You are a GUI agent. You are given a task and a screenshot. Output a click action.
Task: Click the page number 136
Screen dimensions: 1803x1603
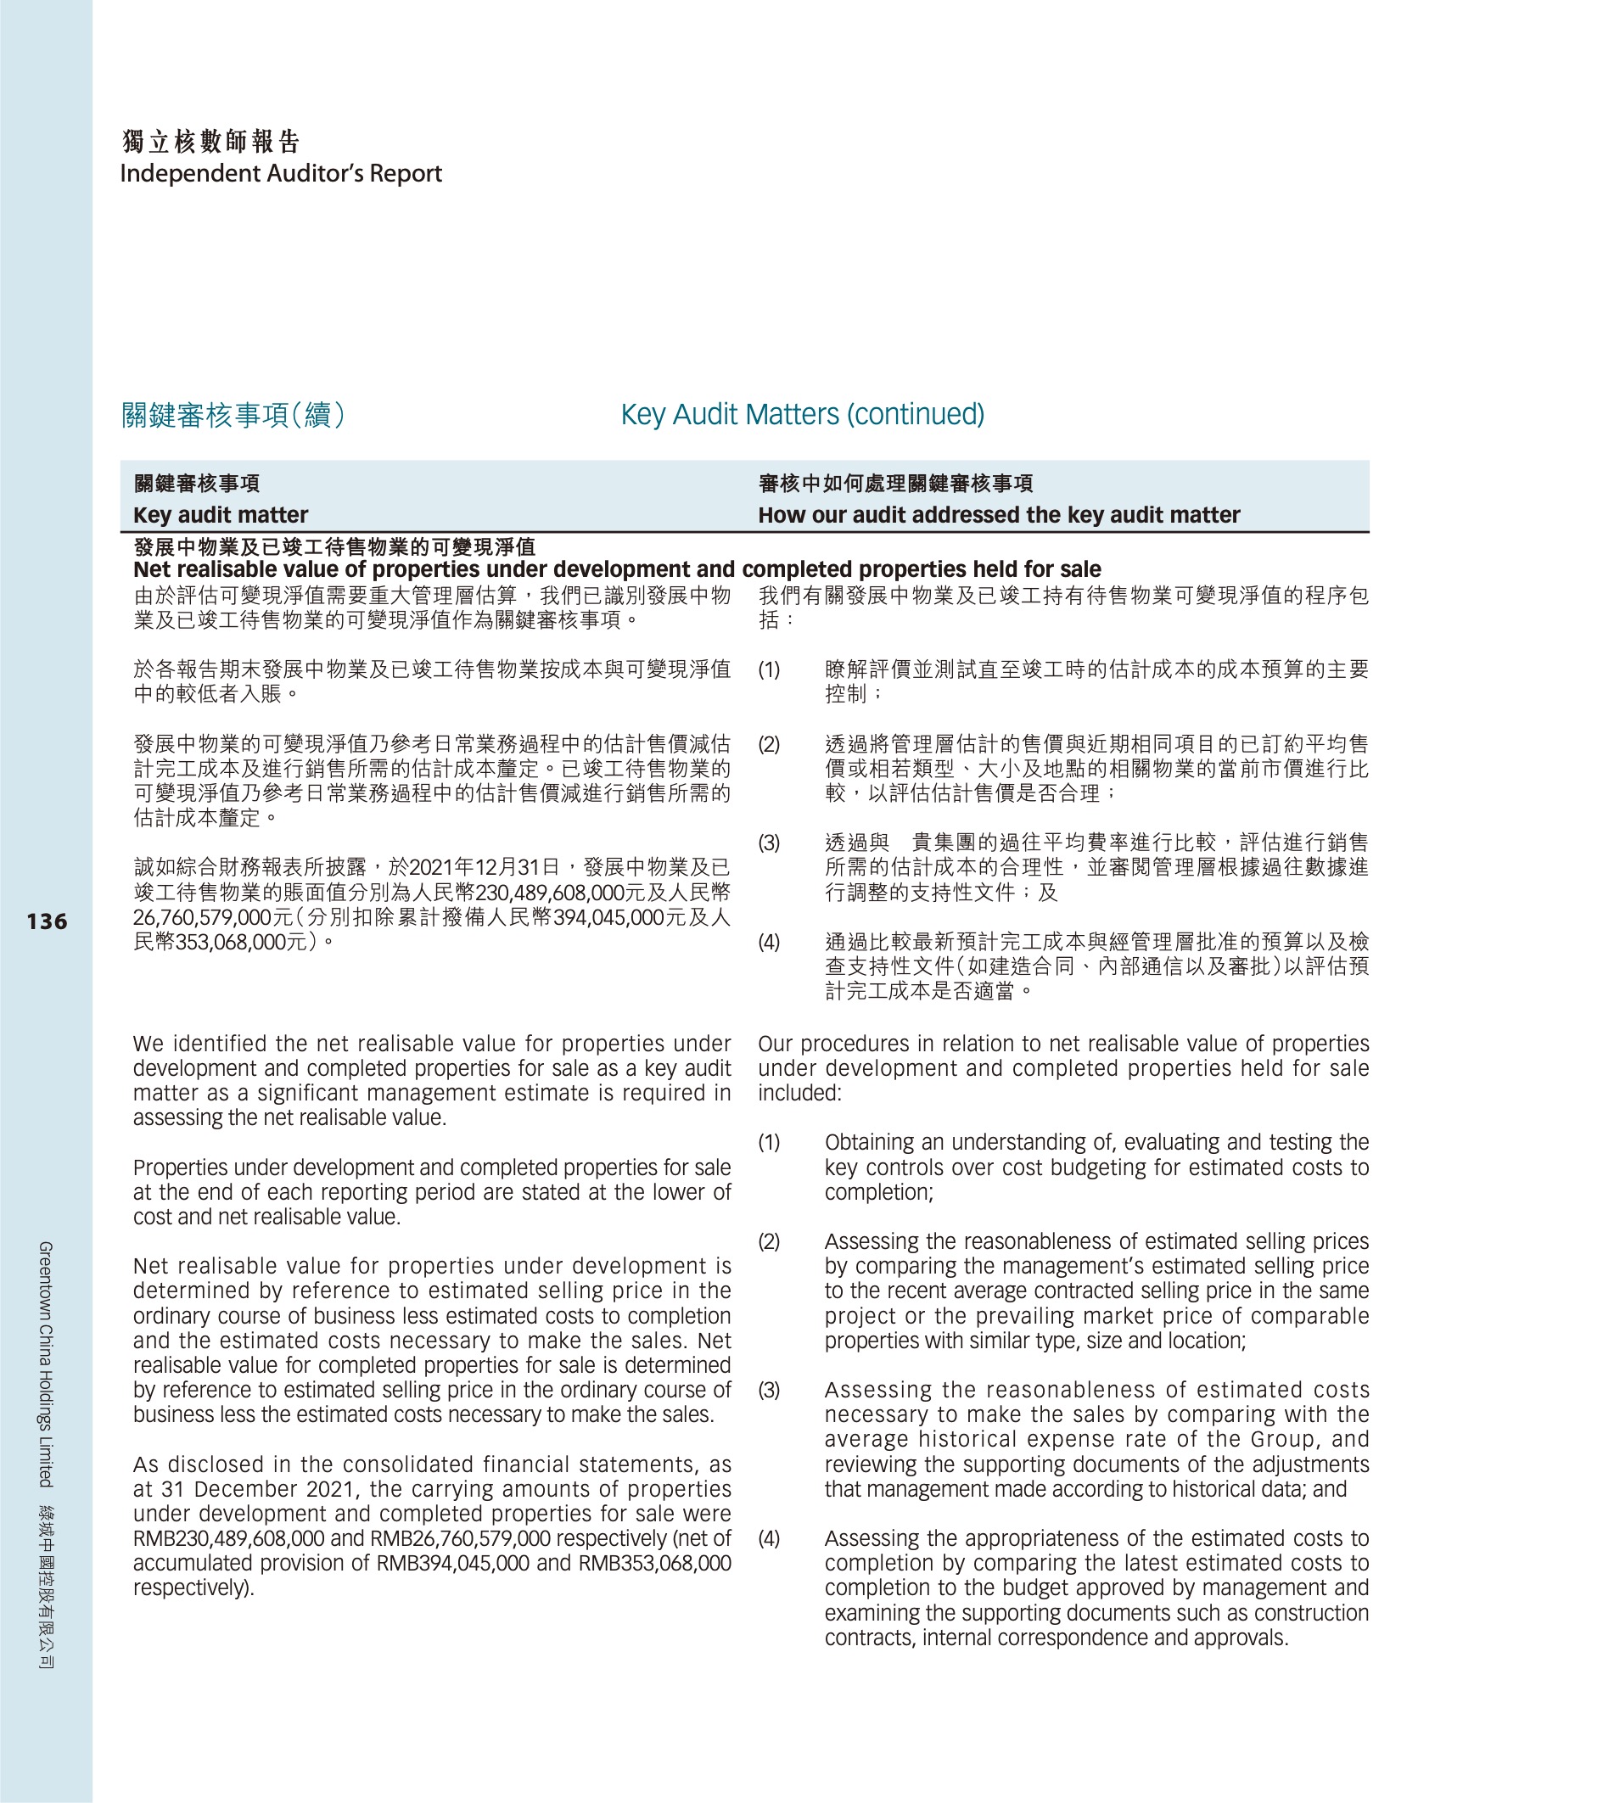(47, 921)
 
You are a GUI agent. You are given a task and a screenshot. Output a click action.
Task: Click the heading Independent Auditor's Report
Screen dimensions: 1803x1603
(281, 174)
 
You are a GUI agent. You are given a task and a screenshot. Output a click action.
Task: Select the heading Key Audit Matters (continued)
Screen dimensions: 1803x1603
(802, 414)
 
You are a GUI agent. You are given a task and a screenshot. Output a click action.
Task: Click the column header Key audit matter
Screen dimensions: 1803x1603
(221, 515)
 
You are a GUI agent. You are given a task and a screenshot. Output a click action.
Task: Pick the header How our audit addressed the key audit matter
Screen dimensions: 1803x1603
(999, 515)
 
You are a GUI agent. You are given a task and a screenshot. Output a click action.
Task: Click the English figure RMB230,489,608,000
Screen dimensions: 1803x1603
(229, 1539)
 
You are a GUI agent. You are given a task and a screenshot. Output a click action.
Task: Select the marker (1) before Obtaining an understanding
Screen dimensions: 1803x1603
(769, 1143)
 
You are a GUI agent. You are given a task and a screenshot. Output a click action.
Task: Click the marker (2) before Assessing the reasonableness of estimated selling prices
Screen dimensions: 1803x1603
(769, 1242)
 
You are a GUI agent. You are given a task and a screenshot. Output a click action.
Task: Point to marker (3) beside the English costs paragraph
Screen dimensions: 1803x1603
(769, 1390)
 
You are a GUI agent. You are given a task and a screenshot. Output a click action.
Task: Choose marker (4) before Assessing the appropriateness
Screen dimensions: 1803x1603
(769, 1539)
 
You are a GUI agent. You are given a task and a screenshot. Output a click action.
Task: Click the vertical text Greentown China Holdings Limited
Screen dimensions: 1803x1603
(46, 1363)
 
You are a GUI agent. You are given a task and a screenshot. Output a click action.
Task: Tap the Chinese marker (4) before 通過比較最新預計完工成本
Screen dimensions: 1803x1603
(769, 942)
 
